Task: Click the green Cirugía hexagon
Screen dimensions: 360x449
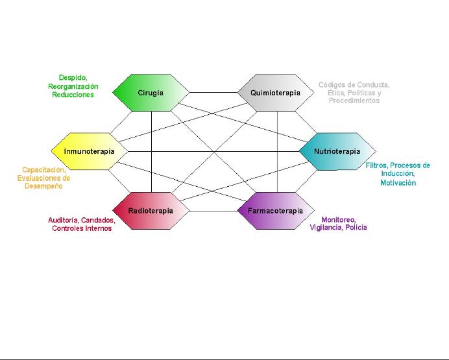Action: pyautogui.click(x=151, y=93)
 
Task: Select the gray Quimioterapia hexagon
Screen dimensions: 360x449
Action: pyautogui.click(x=276, y=93)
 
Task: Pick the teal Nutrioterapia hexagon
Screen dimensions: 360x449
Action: pyautogui.click(x=337, y=152)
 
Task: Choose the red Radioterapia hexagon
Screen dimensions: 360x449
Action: pyautogui.click(x=151, y=211)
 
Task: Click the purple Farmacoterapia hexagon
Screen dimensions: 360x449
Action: pyautogui.click(x=275, y=211)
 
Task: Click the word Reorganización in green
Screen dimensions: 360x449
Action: pyautogui.click(x=73, y=86)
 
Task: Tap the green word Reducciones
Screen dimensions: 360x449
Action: pyautogui.click(x=73, y=95)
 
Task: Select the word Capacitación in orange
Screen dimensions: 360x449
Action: pyautogui.click(x=44, y=170)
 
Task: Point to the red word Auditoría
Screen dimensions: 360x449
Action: pyautogui.click(x=63, y=220)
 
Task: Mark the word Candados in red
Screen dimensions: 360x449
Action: pyautogui.click(x=98, y=220)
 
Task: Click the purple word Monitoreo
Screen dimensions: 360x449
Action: pyautogui.click(x=338, y=219)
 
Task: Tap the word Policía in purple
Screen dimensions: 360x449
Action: pyautogui.click(x=355, y=228)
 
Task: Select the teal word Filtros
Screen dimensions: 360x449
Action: pyautogui.click(x=376, y=165)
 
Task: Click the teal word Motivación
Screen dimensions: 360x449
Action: pyautogui.click(x=398, y=183)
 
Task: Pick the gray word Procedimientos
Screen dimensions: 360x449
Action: pyautogui.click(x=354, y=101)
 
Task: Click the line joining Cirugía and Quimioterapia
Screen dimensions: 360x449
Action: pyautogui.click(x=213, y=93)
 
